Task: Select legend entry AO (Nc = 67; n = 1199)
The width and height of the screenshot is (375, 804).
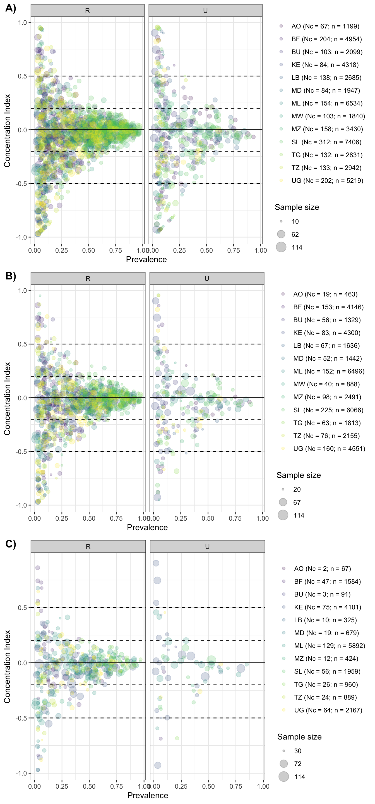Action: point(325,26)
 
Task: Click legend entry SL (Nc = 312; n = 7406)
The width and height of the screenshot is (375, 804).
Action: point(326,142)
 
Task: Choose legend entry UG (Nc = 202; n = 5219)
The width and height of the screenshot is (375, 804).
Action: point(327,180)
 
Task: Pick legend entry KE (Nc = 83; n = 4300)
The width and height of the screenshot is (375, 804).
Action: point(326,333)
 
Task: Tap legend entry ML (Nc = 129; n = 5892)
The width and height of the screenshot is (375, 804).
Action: point(329,645)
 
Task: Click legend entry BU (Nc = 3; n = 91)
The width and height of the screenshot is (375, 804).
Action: point(322,594)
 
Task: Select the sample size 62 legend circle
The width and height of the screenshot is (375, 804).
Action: point(281,234)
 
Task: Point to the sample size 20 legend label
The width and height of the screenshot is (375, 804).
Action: point(297,489)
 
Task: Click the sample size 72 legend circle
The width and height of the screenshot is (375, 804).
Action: point(283,764)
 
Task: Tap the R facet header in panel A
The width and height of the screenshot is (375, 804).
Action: point(87,11)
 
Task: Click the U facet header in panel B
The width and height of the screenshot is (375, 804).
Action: point(206,278)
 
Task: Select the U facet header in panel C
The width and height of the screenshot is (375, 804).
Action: point(207,547)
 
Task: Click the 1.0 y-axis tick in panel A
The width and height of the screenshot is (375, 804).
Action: point(23,22)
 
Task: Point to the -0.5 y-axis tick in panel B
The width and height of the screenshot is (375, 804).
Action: point(21,451)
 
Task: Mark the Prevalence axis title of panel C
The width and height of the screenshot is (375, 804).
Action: point(148,795)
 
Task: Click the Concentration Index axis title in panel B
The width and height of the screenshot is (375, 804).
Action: point(7,399)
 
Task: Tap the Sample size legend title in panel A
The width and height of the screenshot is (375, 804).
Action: point(297,207)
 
